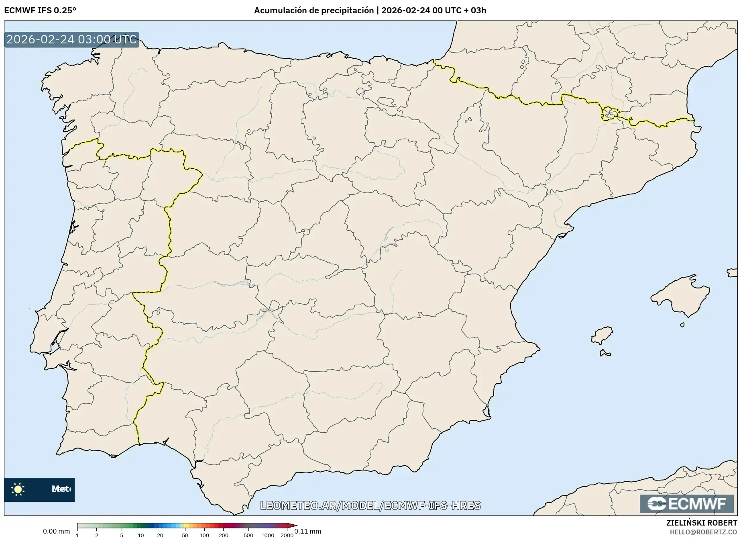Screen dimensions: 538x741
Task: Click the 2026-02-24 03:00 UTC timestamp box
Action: (71, 39)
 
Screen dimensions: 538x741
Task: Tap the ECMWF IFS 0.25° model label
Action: (40, 10)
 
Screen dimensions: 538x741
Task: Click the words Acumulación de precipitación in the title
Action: (313, 10)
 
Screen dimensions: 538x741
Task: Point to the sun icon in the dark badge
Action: (18, 489)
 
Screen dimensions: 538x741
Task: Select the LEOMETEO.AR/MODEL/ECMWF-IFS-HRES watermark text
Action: (370, 505)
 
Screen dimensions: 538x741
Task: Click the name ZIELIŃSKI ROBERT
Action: (702, 523)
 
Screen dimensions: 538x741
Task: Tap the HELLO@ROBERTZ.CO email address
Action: (703, 532)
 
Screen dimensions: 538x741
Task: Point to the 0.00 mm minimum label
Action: (57, 531)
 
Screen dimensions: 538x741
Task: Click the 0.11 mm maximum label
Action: (308, 531)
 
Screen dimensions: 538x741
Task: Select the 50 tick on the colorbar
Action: (185, 535)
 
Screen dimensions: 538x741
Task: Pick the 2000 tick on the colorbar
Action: (287, 535)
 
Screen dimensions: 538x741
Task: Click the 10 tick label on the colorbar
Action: (141, 535)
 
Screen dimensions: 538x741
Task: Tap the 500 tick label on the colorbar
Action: (248, 535)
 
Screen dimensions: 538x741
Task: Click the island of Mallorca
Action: (680, 297)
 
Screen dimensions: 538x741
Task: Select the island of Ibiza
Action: (602, 335)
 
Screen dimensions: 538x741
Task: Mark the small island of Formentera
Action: (605, 354)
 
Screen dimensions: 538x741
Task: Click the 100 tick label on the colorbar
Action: (204, 535)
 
